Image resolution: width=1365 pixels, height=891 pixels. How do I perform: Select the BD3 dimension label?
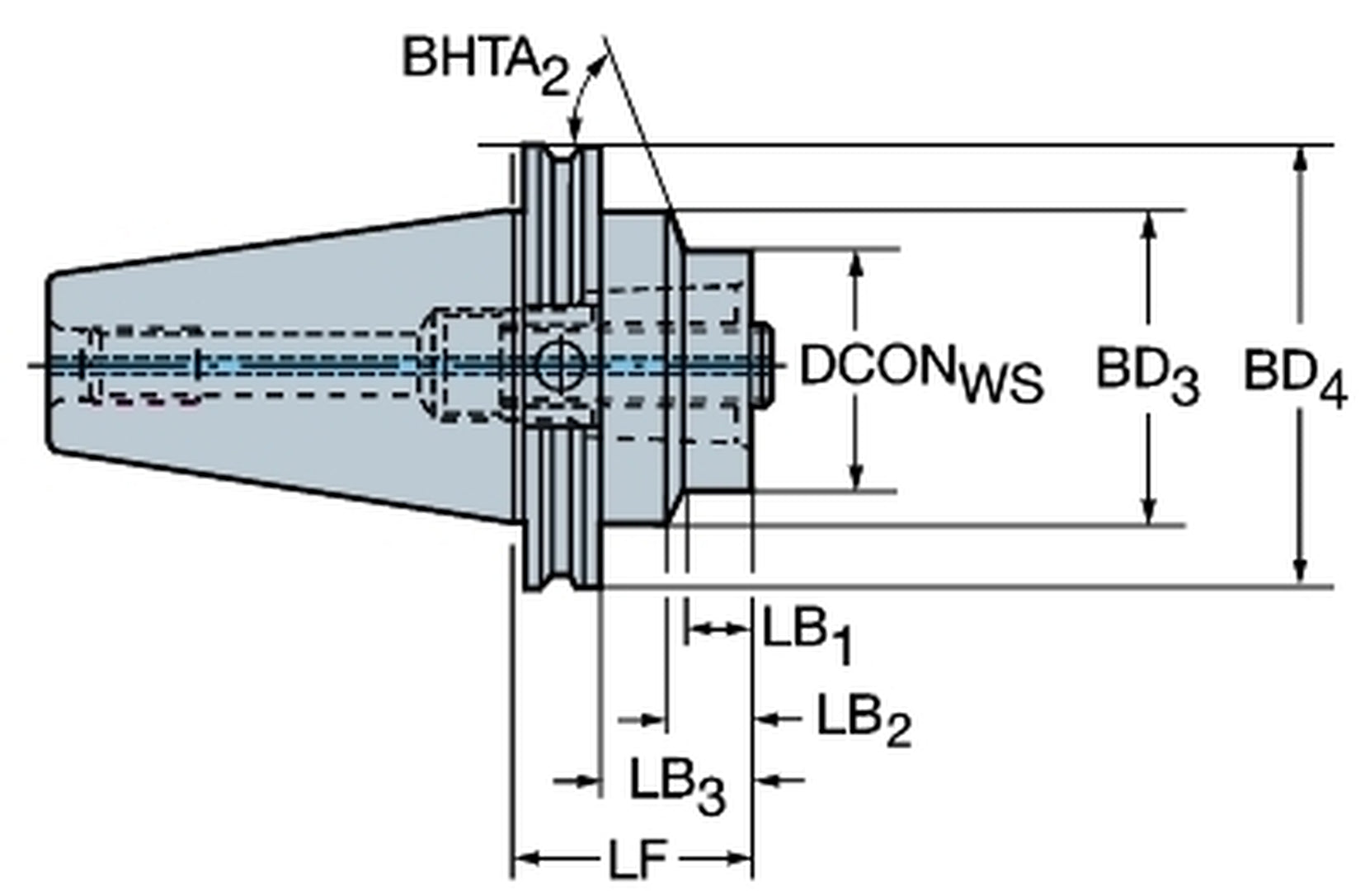coord(1146,373)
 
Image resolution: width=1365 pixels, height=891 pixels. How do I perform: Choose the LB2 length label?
coord(863,719)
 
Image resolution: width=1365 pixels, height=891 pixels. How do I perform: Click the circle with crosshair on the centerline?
coord(561,364)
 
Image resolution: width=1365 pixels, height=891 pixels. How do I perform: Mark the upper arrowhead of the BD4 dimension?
coord(1301,157)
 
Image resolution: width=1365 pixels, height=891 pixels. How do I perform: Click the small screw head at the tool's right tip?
coord(763,363)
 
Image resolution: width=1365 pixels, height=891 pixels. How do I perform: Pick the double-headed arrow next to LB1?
coord(718,629)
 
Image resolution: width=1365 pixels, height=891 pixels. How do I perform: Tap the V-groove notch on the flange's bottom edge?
coord(563,578)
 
